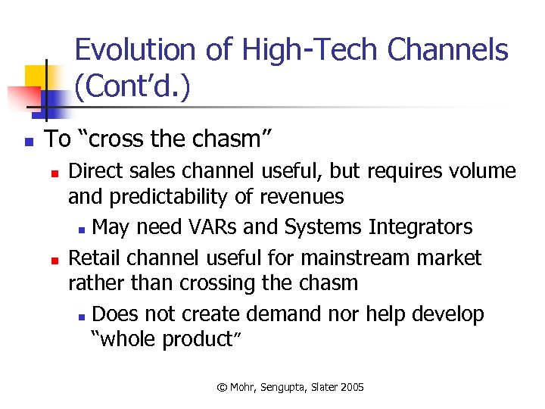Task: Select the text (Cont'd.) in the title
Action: tap(132, 87)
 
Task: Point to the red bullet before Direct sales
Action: tap(54, 173)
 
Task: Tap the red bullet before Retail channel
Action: tap(54, 260)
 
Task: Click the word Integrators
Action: tap(421, 227)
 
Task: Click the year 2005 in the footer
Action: tap(351, 387)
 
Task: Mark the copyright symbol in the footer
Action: tap(222, 387)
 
